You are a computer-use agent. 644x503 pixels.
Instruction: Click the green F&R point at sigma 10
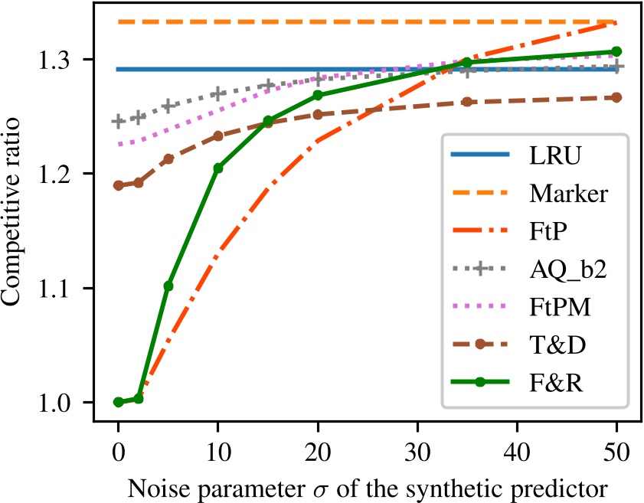tap(217, 168)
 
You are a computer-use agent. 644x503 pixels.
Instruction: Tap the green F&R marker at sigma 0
tap(118, 402)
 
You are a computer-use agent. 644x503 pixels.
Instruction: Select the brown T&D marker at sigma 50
tap(616, 97)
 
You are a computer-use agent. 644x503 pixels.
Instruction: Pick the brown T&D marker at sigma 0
tap(118, 185)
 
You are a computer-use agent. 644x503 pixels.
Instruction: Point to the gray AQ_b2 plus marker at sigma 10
tap(217, 94)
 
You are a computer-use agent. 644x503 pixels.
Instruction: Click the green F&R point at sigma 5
tap(168, 286)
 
